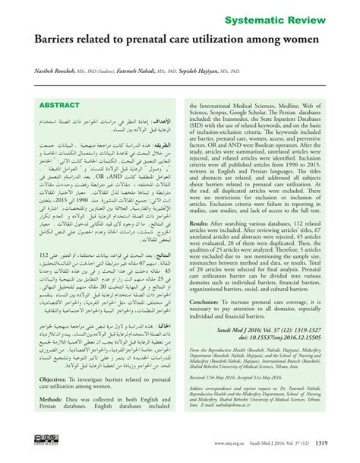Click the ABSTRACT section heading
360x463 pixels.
(60, 106)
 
